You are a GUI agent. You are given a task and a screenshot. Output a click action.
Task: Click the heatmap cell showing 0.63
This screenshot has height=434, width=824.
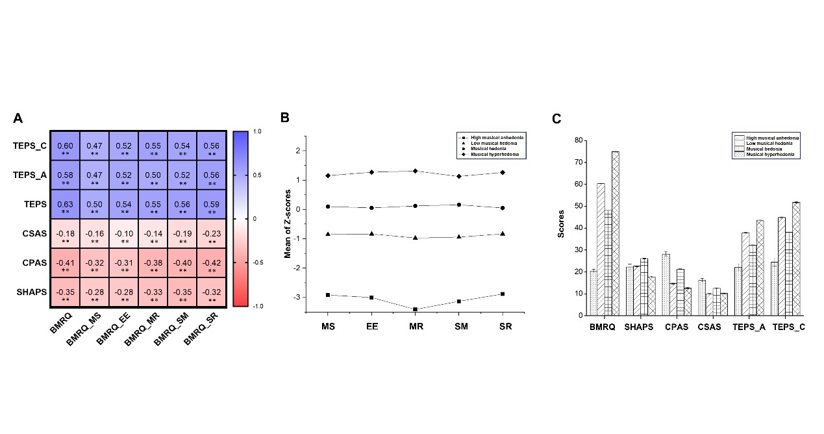(x=65, y=204)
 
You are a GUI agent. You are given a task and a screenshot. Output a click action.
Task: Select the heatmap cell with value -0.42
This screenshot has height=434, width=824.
(x=211, y=262)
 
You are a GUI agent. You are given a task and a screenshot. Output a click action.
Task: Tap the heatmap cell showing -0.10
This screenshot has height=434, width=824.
(x=123, y=233)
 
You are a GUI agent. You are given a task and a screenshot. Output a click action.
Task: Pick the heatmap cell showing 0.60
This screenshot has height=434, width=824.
(x=65, y=146)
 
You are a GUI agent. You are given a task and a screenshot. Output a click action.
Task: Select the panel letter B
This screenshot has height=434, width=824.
(x=284, y=118)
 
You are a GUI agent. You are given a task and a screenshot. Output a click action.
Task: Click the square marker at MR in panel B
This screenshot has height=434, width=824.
(x=416, y=309)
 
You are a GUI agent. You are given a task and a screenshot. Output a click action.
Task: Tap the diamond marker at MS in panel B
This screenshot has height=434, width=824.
(x=328, y=175)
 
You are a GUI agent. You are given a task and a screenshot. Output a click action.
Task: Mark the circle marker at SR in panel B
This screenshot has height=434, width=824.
(x=503, y=208)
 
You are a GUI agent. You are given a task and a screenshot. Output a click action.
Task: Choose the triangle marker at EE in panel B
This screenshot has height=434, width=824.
(x=372, y=234)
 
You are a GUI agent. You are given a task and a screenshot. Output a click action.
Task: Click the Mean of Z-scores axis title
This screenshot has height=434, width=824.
(x=287, y=221)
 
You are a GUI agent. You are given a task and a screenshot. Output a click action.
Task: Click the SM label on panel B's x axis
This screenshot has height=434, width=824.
(x=459, y=327)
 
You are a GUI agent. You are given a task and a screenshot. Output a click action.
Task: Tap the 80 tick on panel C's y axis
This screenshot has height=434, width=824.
(x=577, y=140)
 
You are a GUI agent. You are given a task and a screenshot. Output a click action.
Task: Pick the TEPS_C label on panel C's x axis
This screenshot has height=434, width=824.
(x=790, y=327)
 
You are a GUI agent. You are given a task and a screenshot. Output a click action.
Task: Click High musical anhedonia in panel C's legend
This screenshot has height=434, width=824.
(x=773, y=138)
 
